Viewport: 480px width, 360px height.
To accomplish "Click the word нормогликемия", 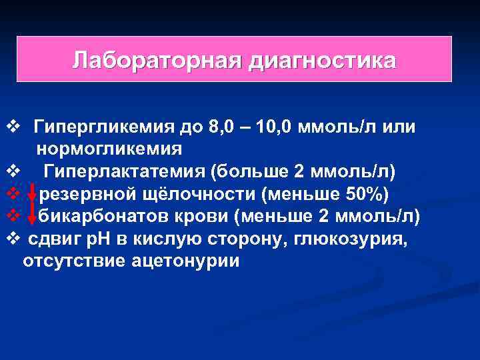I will [110, 147].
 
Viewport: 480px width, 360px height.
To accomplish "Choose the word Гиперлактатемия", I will [125, 171].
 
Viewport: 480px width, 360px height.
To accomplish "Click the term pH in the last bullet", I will [100, 238].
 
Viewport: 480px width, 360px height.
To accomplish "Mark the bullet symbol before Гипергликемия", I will [11, 126].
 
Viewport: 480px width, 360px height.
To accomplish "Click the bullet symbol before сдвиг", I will [11, 238].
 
